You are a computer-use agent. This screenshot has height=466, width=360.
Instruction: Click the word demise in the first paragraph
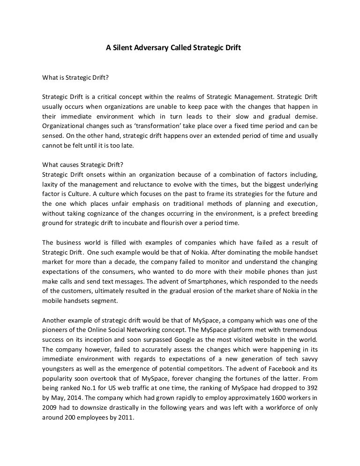[305, 116]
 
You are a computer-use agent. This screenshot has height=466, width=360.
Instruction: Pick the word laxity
[51, 185]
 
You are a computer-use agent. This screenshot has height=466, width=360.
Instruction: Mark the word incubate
[141, 224]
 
